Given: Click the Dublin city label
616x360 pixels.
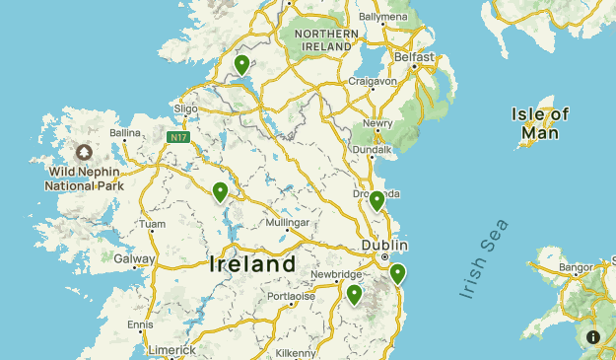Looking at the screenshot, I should (384, 245).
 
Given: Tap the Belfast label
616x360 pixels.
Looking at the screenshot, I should (414, 57).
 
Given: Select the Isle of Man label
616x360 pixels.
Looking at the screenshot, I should (541, 123).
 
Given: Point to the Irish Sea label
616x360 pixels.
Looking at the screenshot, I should (485, 258).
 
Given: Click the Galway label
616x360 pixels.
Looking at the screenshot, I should (134, 259).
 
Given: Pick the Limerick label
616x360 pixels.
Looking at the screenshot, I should (170, 350).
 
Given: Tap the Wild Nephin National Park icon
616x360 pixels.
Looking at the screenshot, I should (84, 153).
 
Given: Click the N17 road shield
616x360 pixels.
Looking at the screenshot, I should (177, 137).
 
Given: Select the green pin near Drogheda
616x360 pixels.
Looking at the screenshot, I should (376, 201).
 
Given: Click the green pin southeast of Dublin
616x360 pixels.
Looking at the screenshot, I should (397, 273).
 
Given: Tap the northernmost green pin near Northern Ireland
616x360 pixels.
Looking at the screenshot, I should (241, 65).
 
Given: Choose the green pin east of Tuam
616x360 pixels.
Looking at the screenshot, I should (221, 191).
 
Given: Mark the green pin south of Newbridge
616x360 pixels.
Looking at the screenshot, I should (354, 294).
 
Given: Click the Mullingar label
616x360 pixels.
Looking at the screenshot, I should (288, 223).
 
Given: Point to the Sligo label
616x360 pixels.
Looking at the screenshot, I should (185, 108).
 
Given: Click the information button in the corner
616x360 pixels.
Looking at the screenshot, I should (593, 336).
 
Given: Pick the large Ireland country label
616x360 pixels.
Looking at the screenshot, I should (252, 264).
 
